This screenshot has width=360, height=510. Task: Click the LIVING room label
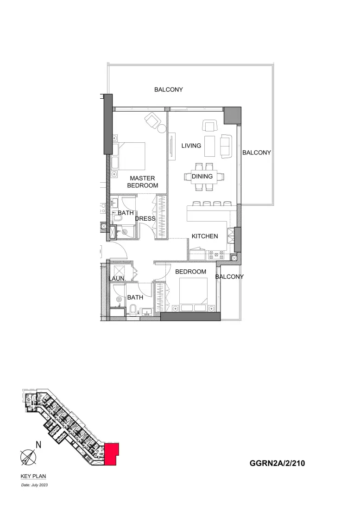191,146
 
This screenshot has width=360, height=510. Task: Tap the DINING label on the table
202,176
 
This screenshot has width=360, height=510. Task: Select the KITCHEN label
205,236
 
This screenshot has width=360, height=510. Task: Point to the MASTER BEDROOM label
142,182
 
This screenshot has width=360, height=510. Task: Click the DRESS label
145,219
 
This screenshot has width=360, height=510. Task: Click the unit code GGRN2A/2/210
277,463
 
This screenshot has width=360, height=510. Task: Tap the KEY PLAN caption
33,476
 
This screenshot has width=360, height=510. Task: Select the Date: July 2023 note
35,485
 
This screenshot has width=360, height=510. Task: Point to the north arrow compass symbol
28,457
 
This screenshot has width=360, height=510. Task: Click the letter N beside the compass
39,445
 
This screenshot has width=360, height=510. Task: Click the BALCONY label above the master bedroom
169,89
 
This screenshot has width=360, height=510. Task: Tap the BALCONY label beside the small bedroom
229,277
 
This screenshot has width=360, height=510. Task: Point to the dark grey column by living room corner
232,115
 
